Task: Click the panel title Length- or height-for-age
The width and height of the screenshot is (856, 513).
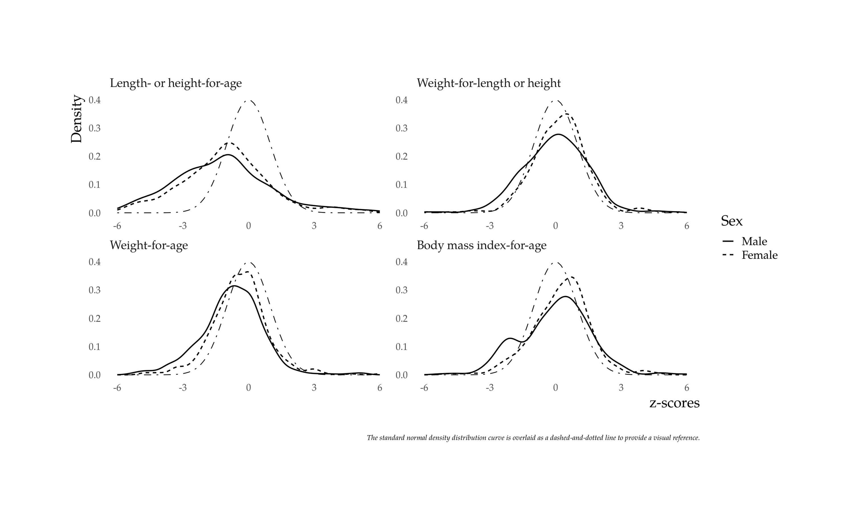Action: click(175, 83)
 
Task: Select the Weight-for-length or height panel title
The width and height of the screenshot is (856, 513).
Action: click(489, 83)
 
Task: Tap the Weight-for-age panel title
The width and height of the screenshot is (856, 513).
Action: click(149, 246)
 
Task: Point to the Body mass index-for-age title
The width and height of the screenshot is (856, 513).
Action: click(481, 246)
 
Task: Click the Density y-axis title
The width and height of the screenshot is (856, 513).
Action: click(76, 119)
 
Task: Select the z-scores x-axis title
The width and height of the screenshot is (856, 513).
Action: click(674, 403)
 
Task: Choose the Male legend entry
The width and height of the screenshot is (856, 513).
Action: click(754, 241)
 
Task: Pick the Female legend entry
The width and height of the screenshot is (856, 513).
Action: click(759, 255)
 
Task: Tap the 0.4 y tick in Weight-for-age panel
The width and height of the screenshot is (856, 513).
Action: click(95, 262)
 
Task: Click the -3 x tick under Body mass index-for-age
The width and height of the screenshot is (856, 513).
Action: click(490, 388)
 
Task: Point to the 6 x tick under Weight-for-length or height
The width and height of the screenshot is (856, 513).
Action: click(687, 226)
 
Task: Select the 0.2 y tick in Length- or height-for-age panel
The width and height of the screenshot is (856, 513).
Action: click(95, 156)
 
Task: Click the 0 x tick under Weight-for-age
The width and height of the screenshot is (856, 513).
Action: click(248, 388)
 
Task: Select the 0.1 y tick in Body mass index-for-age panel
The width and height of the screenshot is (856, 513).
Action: click(401, 347)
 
